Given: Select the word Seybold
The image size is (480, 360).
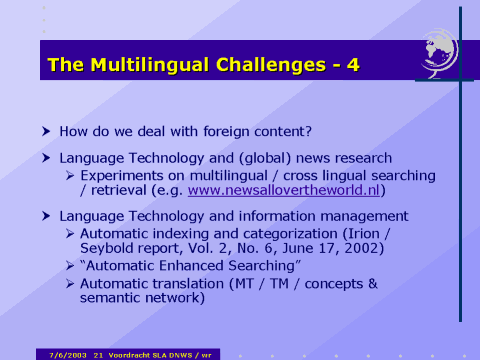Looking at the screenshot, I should pyautogui.click(x=109, y=249).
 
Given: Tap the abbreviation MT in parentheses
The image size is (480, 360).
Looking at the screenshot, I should pyautogui.click(x=248, y=283).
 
